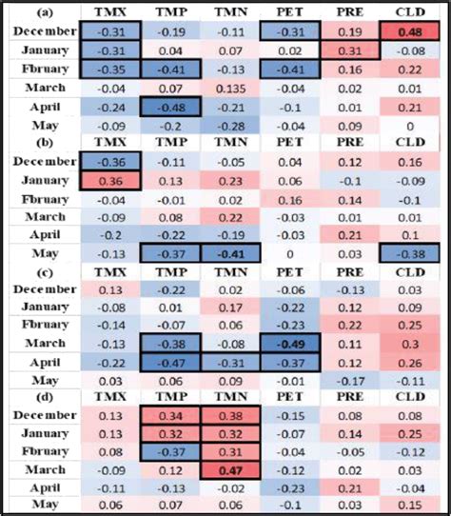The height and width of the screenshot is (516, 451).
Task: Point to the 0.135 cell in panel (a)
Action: pyautogui.click(x=227, y=88)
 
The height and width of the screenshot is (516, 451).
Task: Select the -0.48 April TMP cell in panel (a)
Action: pyautogui.click(x=169, y=107)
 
